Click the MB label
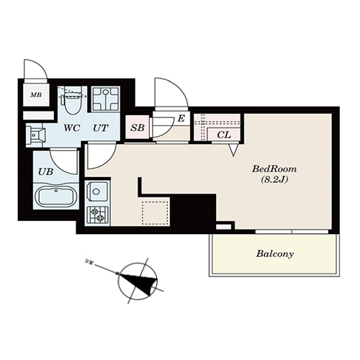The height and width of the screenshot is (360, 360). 36,95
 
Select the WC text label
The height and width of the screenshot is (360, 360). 72,128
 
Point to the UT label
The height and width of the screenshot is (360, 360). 101,128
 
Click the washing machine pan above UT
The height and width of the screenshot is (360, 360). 105,99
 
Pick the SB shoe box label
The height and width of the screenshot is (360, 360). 138,128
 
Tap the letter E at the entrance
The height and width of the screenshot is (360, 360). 181,118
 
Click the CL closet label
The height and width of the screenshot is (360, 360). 224,135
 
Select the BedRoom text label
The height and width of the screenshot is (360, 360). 274,169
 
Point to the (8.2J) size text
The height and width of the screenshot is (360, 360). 274,180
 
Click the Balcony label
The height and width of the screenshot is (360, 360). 275,254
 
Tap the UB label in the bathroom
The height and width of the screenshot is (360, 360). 45,171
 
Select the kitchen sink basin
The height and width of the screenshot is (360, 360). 96,192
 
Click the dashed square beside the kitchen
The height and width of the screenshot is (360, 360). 155,213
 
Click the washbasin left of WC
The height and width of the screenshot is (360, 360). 35,135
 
